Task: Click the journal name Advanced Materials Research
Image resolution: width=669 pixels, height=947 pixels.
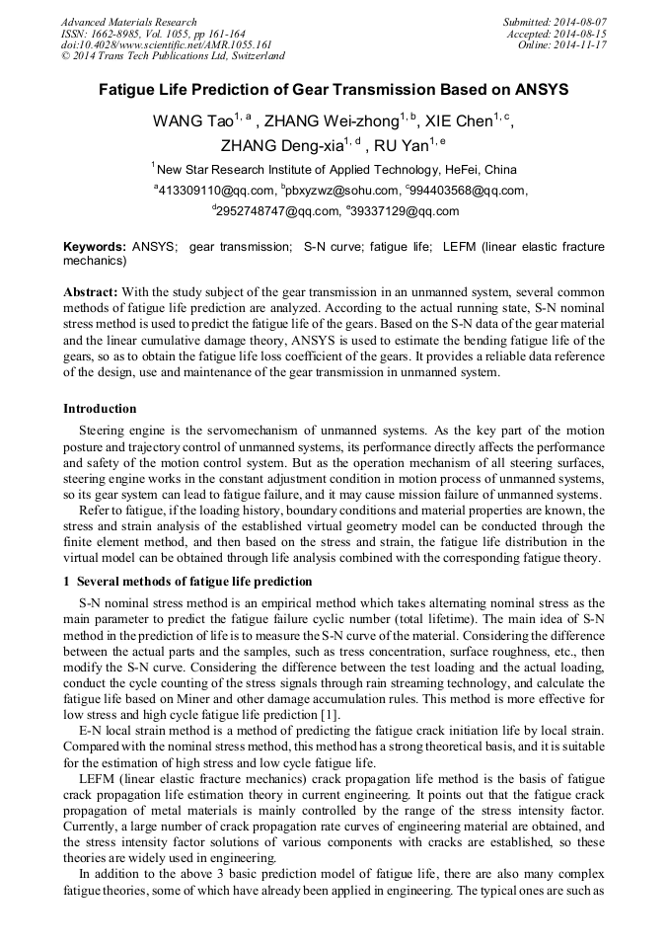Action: (x=128, y=22)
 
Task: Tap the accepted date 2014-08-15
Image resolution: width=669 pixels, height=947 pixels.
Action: (x=583, y=34)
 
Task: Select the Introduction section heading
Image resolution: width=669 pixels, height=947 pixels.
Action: (x=100, y=409)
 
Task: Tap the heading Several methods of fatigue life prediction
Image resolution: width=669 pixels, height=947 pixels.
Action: (x=193, y=582)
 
